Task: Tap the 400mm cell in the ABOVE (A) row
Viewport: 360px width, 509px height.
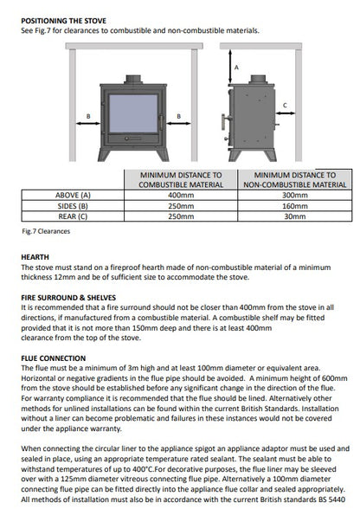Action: coord(180,196)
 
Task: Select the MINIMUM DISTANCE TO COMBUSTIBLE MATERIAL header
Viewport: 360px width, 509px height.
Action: coord(180,179)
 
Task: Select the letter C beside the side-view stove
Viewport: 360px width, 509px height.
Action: coord(285,106)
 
